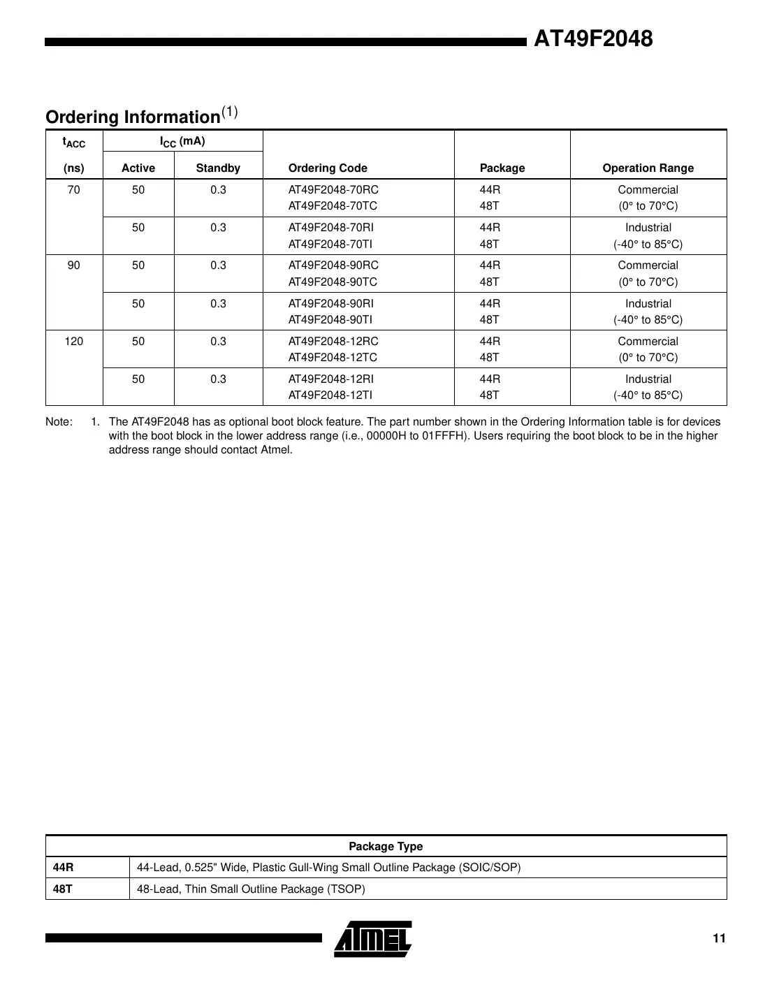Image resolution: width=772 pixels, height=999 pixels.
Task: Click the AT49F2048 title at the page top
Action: tap(593, 39)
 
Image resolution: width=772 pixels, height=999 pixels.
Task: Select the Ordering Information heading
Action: tap(133, 117)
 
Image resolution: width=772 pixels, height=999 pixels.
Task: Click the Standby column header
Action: tap(218, 168)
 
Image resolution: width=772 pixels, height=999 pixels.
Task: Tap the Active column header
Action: tap(138, 168)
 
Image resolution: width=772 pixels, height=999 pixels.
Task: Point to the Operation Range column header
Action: tap(648, 168)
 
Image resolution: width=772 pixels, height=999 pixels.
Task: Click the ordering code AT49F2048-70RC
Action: tap(333, 190)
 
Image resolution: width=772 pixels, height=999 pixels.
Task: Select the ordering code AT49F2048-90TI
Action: tap(330, 319)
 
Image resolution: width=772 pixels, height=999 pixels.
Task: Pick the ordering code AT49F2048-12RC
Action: tap(333, 342)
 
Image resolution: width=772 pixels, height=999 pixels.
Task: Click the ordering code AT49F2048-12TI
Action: tap(330, 395)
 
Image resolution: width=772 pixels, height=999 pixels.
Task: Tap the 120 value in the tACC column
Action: tap(74, 342)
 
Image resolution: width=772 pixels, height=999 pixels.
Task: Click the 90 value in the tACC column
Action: tap(74, 265)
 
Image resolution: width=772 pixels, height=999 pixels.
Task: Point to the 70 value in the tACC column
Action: tap(74, 190)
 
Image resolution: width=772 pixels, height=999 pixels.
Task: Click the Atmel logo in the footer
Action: tap(373, 939)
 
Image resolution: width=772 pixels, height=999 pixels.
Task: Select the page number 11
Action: tap(719, 938)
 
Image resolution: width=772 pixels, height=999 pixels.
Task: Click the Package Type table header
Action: tap(386, 846)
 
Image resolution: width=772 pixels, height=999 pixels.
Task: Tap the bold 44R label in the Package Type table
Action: tap(64, 868)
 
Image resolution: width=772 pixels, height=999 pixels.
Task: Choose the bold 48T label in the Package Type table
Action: tap(63, 889)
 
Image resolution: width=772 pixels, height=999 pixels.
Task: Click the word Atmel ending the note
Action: tap(277, 450)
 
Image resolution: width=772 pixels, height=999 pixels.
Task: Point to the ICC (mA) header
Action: tap(182, 142)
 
